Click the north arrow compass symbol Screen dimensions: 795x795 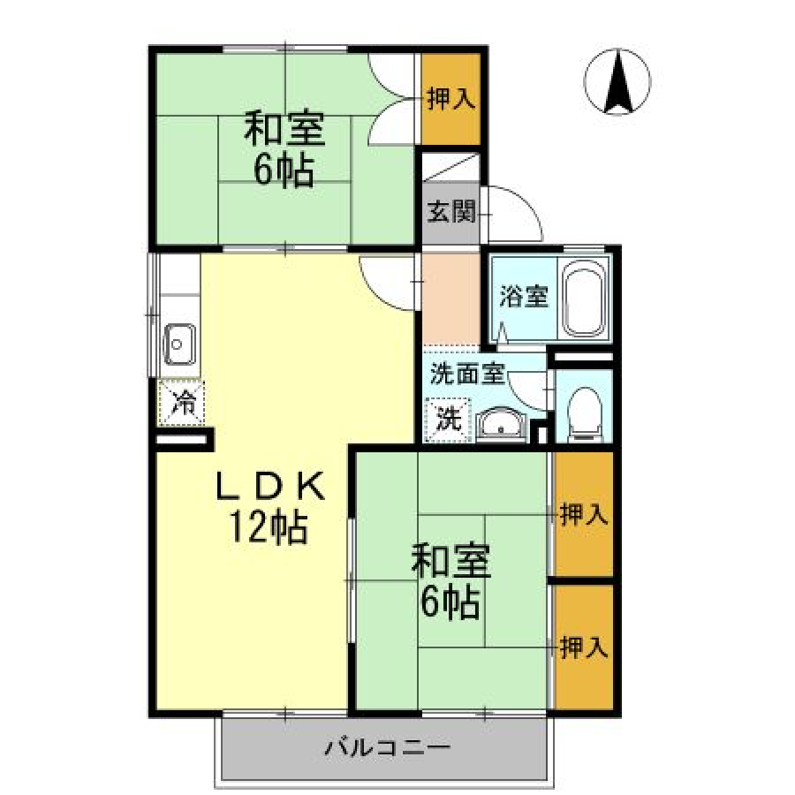[617, 81]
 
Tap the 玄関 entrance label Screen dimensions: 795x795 [451, 211]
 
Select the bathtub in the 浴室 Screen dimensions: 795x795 [585, 299]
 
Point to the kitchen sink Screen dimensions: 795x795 [179, 344]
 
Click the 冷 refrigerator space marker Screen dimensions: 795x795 [181, 403]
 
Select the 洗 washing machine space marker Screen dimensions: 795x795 [449, 420]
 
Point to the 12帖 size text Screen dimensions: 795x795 [269, 528]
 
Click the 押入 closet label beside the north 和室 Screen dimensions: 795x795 [451, 98]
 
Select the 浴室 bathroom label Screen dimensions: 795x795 [524, 297]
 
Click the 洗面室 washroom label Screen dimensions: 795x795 [467, 374]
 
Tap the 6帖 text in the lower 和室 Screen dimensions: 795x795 [450, 602]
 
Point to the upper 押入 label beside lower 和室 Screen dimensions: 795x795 [584, 515]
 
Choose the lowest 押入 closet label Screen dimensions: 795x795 [584, 647]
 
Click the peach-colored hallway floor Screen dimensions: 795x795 [450, 299]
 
